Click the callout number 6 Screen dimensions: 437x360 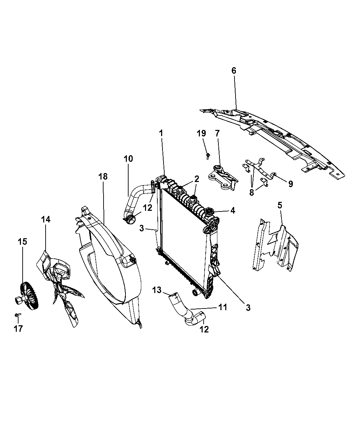233,71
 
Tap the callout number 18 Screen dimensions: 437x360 103,177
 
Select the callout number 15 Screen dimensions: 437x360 22,242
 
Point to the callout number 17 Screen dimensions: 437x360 18,329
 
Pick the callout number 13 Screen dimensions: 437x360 157,290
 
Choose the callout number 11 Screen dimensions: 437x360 223,307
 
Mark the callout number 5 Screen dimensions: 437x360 280,205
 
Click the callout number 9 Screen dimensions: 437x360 290,184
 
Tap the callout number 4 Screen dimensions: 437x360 233,210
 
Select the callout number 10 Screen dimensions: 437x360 128,159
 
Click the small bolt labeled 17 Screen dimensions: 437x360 17,314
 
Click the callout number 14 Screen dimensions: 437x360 46,219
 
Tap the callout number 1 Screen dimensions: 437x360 161,133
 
